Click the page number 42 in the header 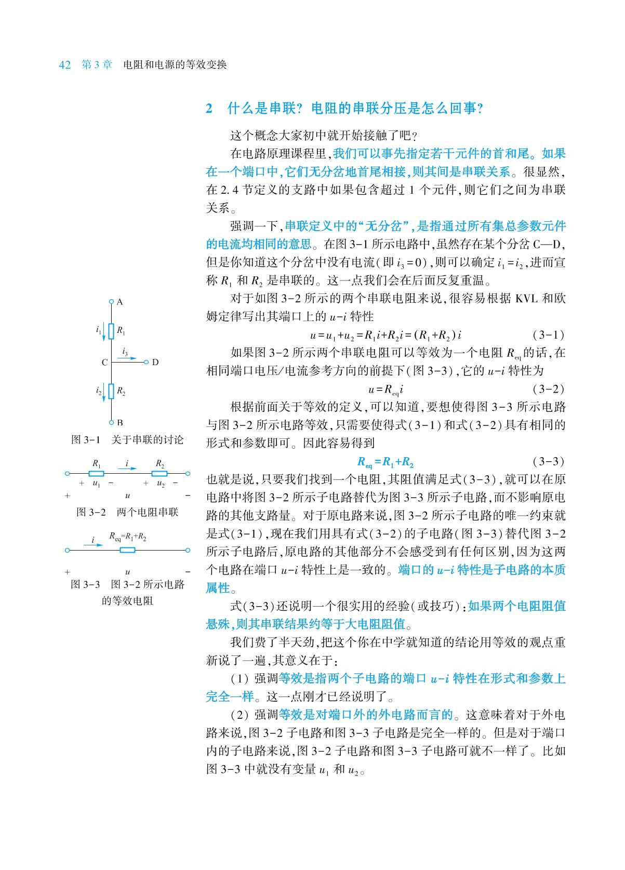(65, 65)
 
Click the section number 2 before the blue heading (209, 109)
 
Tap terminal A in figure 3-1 (111, 301)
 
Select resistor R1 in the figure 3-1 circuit (111, 331)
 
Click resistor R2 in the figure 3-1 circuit (111, 392)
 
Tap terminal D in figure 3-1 (147, 362)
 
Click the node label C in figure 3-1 (104, 362)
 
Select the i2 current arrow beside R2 (103, 392)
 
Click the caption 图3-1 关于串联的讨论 (127, 440)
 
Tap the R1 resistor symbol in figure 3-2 (96, 473)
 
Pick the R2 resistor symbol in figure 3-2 (159, 473)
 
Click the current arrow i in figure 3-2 (127, 469)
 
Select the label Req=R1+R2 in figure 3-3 (127, 537)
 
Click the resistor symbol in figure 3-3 (127, 550)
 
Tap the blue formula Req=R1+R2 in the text (385, 462)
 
